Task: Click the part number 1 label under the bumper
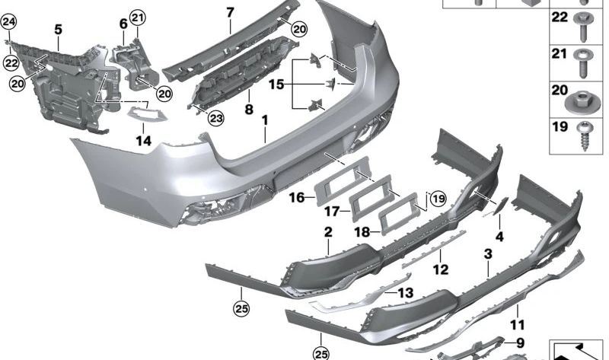265,121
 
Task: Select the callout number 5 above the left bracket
57,30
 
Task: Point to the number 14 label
144,139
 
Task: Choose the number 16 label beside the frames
297,198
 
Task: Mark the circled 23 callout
216,118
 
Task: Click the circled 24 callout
8,22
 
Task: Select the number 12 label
440,269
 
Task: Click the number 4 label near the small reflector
499,237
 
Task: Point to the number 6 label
123,24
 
